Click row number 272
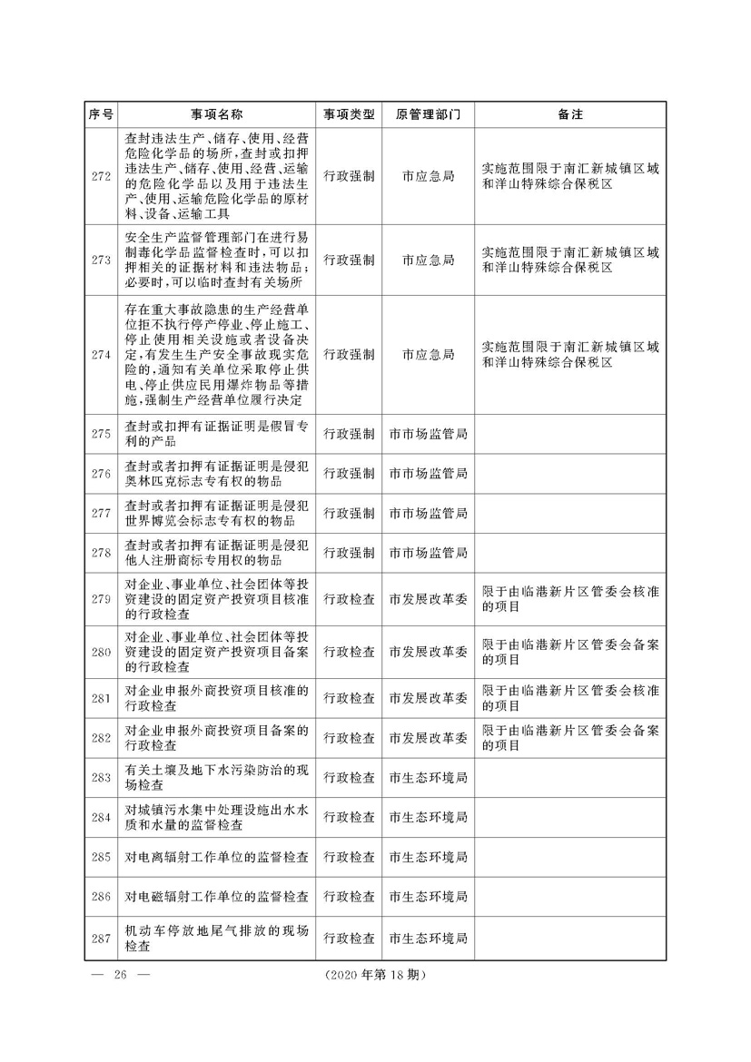(x=102, y=176)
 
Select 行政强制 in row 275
(x=350, y=434)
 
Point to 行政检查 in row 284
(x=350, y=817)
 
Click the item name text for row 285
(x=216, y=857)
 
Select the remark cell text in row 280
(x=570, y=651)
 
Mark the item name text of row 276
(x=216, y=473)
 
